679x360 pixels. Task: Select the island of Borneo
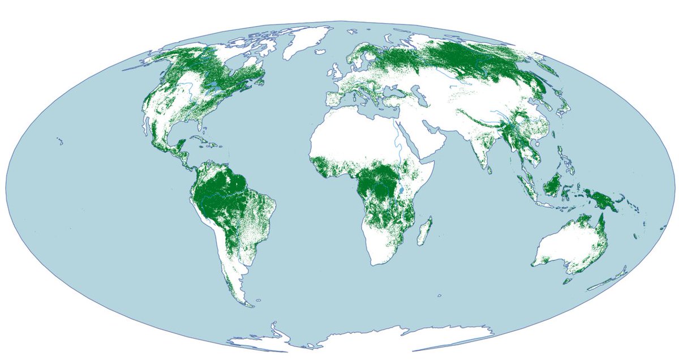click(553, 185)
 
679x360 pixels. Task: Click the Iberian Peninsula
click(336, 97)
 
